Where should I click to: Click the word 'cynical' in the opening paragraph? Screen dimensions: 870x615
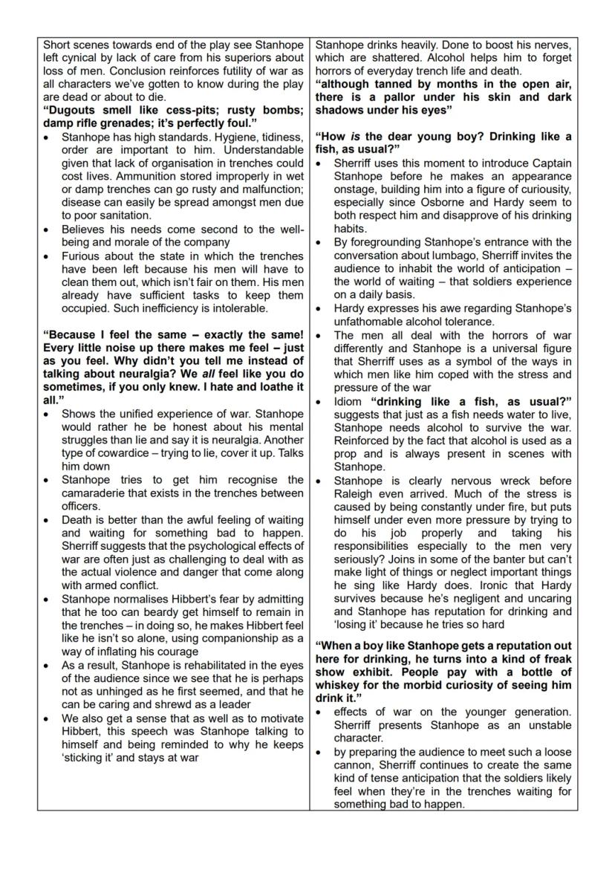pos(83,57)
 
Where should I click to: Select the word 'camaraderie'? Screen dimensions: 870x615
pos(95,493)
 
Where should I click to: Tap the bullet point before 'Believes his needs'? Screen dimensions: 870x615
pos(48,230)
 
